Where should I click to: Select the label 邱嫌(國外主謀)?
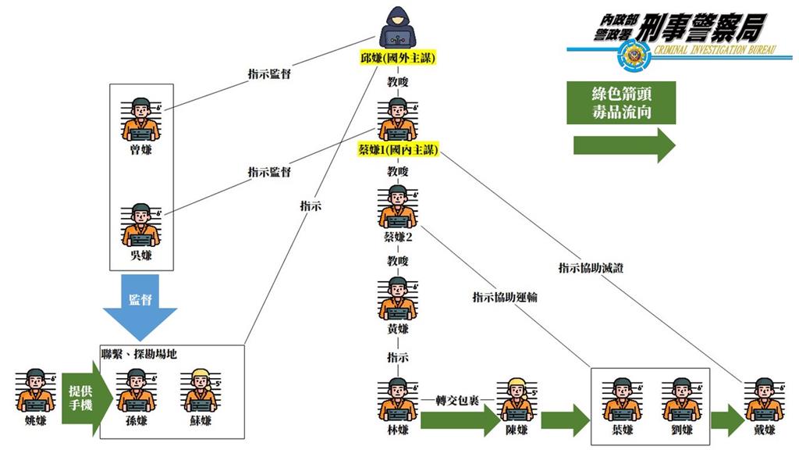click(398, 59)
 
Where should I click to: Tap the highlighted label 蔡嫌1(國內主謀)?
click(398, 149)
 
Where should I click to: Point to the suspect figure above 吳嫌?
click(141, 225)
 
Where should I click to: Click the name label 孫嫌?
click(136, 421)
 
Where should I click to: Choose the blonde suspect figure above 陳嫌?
click(516, 399)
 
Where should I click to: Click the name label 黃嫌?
click(398, 329)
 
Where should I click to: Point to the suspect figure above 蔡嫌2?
click(398, 205)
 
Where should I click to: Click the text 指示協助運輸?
click(505, 297)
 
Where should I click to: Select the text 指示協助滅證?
click(591, 268)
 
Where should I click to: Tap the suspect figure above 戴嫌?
click(764, 399)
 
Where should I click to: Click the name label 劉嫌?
click(682, 430)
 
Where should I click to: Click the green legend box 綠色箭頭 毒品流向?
click(621, 103)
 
